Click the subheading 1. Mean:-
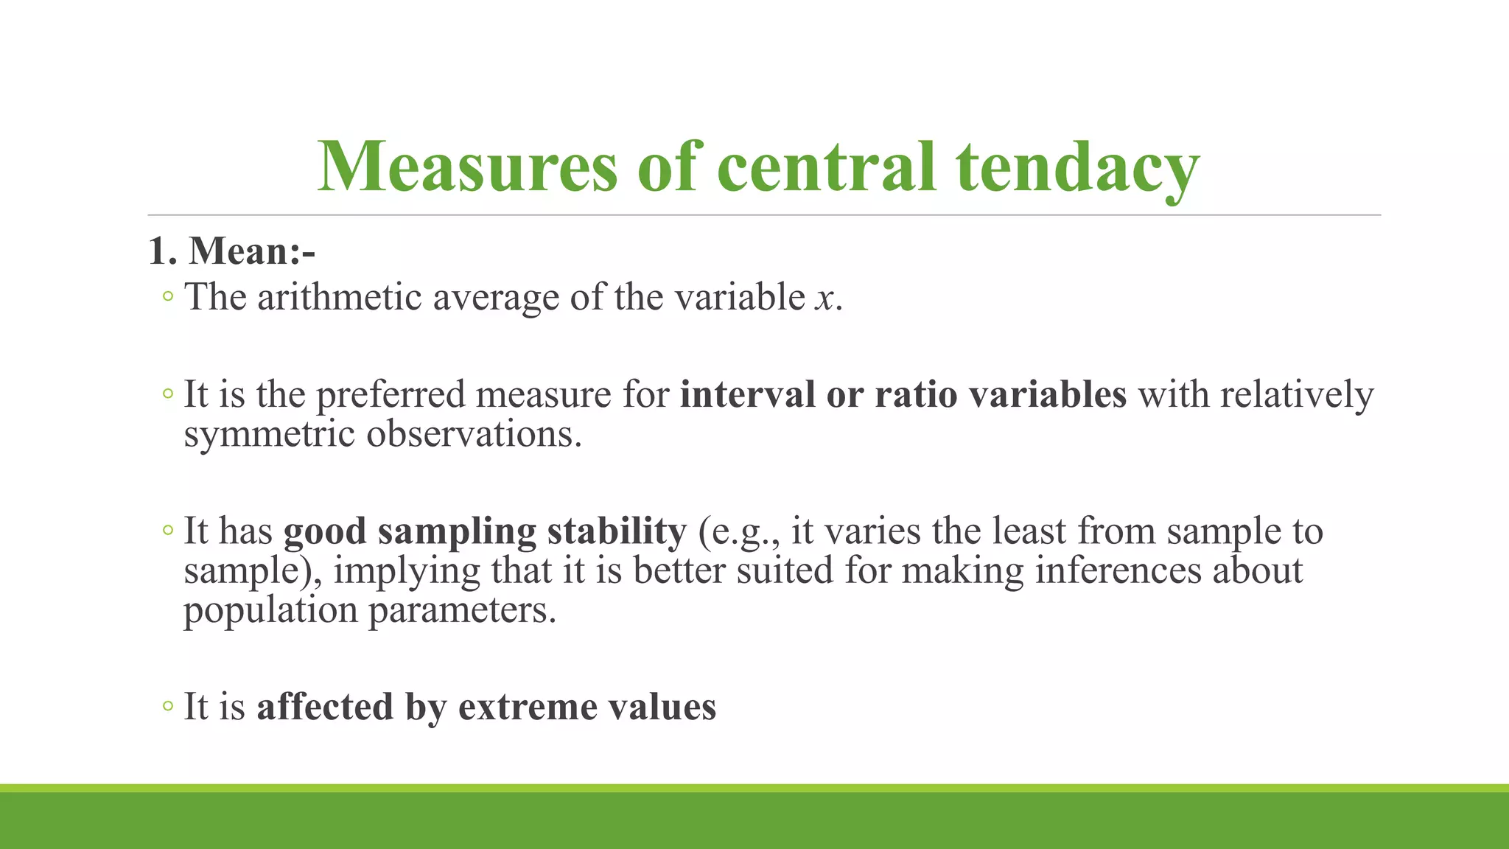pos(231,251)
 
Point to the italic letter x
pos(824,298)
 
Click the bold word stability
pos(617,531)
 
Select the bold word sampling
pos(457,532)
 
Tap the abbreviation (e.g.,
pos(739,532)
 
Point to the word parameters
pos(462,611)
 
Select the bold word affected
pos(324,707)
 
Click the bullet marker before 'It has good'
pos(168,531)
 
